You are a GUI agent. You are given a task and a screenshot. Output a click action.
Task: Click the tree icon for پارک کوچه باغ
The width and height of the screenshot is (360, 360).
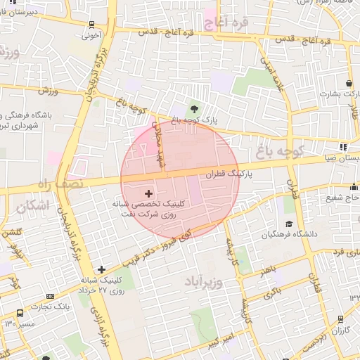coord(193,108)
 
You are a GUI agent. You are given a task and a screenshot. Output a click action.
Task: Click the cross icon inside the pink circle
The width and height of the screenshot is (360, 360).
coord(148,192)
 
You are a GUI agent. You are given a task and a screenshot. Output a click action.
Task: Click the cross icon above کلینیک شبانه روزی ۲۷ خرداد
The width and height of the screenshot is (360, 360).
coord(102,269)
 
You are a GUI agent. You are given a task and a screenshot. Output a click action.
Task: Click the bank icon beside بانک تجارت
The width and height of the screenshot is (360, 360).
coord(49,297)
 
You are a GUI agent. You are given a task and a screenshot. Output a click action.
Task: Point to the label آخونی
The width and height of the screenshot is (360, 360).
coord(91,32)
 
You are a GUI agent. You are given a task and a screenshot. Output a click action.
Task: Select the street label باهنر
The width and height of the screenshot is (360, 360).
coord(266,270)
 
